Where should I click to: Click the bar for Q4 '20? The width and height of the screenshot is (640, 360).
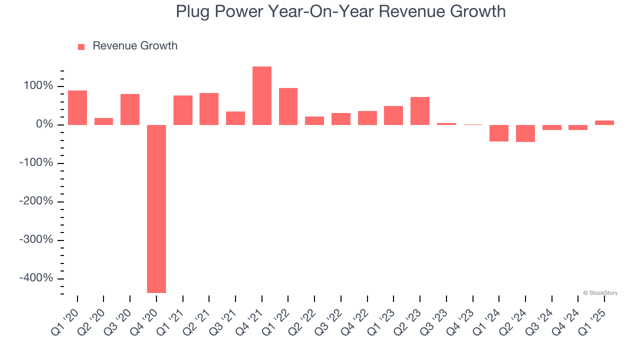coord(156,208)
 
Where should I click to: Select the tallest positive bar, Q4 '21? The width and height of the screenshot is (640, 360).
coord(262,95)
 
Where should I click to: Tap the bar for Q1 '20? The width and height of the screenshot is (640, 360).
coord(77,107)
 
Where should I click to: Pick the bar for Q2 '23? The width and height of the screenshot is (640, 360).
coord(420,111)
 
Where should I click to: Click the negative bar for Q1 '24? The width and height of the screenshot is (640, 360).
coord(499,133)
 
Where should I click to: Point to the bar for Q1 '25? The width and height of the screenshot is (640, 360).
coord(604,122)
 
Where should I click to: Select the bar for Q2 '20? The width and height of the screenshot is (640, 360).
coord(103,121)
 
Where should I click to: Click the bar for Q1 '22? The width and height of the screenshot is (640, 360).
coord(288,106)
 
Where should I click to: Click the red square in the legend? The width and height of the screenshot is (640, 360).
coord(81,46)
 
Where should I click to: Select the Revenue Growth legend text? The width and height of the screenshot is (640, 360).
coord(135,46)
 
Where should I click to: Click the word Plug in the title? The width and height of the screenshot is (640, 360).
coord(193,12)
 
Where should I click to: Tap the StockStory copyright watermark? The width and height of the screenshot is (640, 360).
coord(600,293)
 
